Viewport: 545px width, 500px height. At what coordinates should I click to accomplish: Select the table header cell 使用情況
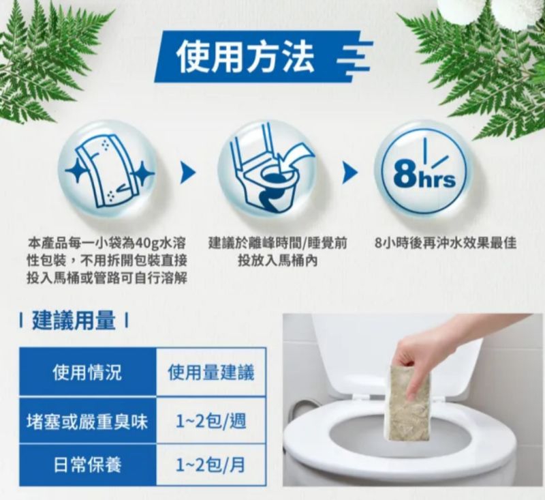point(88,372)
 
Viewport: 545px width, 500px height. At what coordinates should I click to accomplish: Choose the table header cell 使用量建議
point(211,372)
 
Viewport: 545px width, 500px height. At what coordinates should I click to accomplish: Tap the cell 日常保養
point(88,465)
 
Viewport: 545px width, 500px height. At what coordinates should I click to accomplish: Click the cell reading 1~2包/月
point(211,465)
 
